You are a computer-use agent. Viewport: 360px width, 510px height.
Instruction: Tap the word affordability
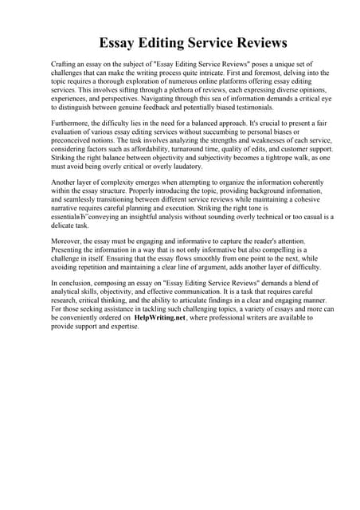pyautogui.click(x=151, y=150)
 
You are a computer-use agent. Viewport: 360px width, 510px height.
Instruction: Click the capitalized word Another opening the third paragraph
pyautogui.click(x=66, y=184)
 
